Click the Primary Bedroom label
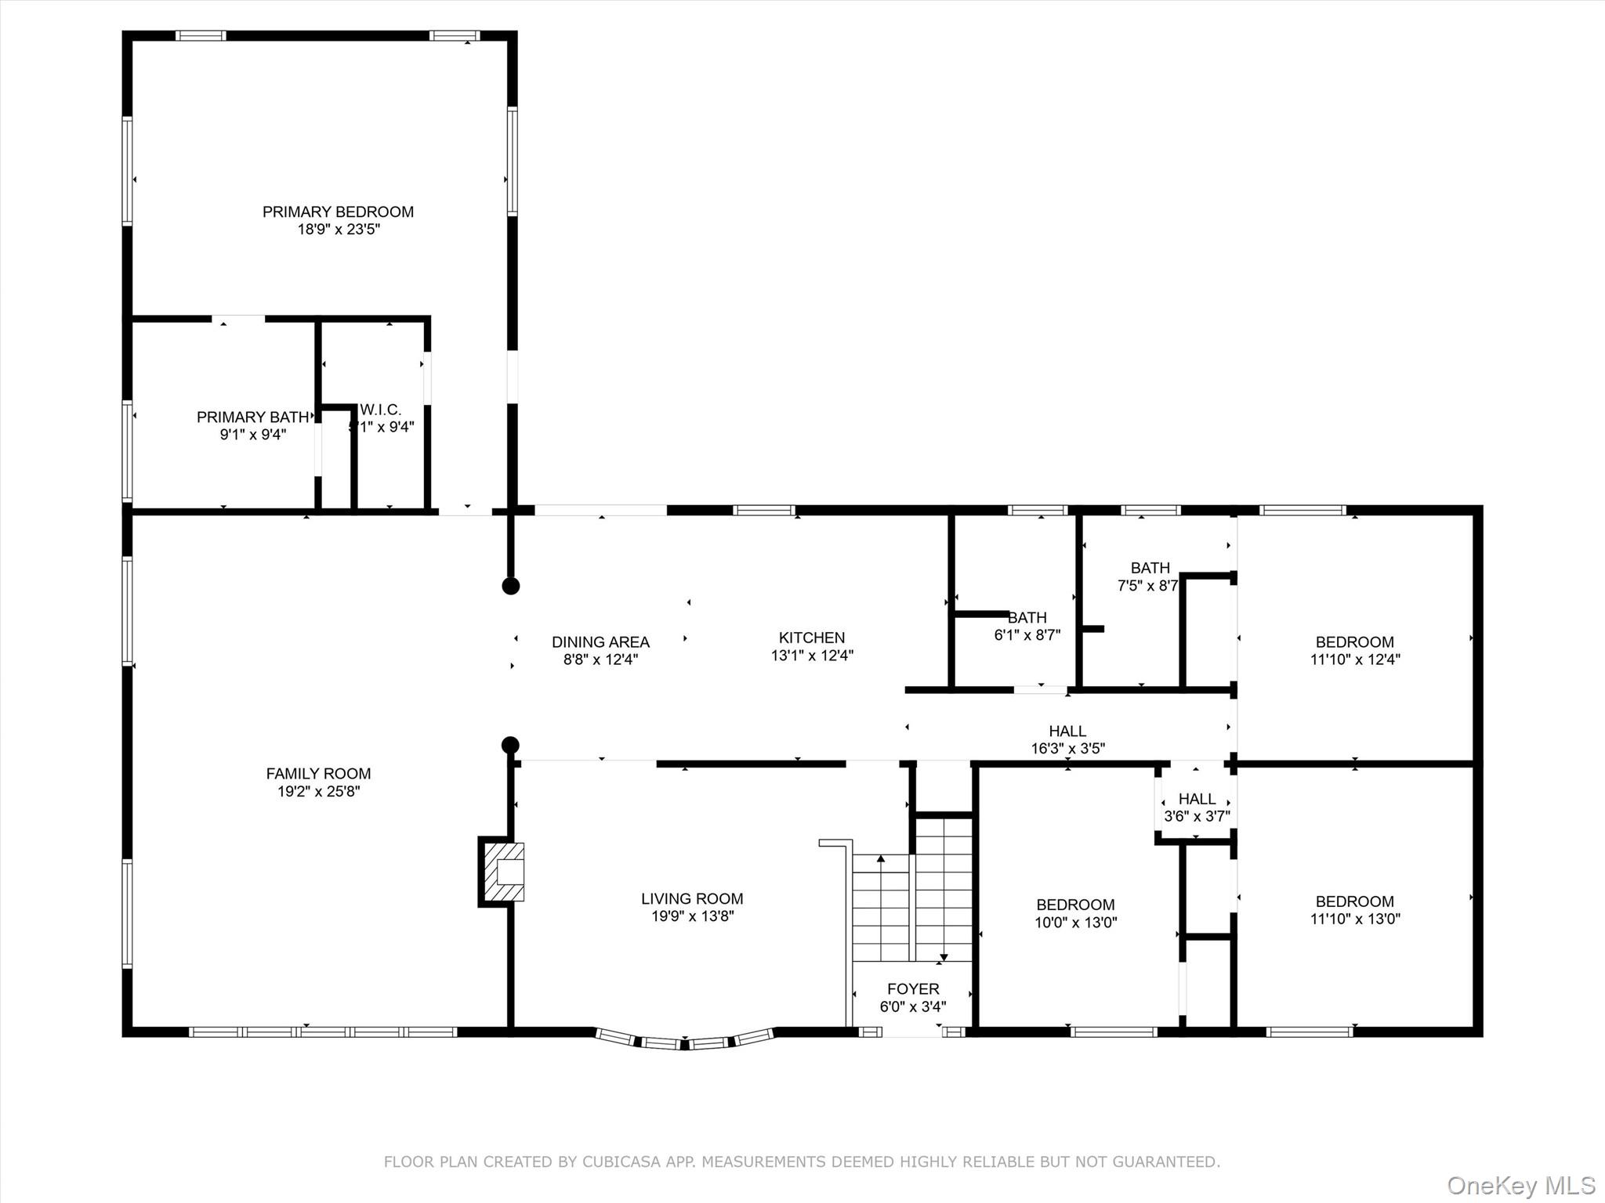tap(338, 211)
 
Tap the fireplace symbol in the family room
tap(502, 872)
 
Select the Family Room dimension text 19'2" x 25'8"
tap(318, 791)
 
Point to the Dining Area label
tap(600, 642)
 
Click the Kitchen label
tap(812, 638)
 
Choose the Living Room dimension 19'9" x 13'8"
tap(692, 916)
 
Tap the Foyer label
tap(913, 989)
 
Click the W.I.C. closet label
tap(381, 410)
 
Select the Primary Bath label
tap(252, 417)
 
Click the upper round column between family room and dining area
tap(511, 586)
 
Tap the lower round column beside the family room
tap(511, 745)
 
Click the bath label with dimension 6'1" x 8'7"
tap(1027, 618)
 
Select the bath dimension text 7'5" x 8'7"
tap(1148, 585)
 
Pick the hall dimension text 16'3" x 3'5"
tap(1067, 748)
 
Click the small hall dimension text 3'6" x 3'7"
tap(1197, 816)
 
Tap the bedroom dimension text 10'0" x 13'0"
tap(1075, 922)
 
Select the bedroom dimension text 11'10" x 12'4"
tap(1355, 659)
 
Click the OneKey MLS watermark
tap(1521, 1185)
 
